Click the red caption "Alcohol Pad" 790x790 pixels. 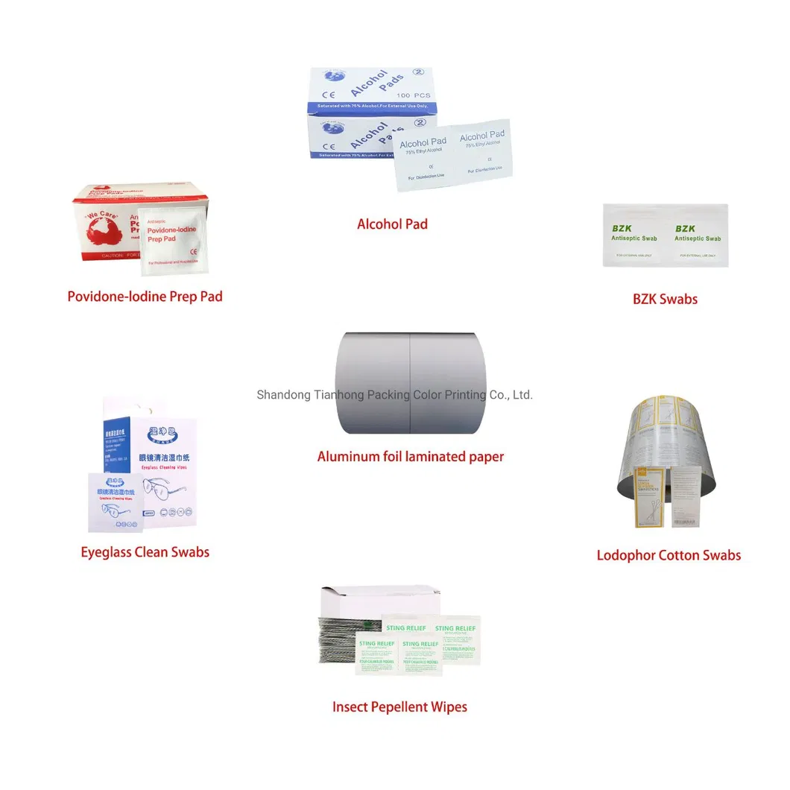click(392, 224)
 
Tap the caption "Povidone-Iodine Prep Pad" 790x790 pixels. click(145, 296)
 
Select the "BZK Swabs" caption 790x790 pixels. click(665, 299)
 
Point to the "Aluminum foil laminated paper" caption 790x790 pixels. click(411, 456)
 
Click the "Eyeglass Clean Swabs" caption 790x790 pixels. click(145, 552)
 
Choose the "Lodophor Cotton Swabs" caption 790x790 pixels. click(669, 554)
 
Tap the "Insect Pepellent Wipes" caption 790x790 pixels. click(399, 707)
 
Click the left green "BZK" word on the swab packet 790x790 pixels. click(622, 228)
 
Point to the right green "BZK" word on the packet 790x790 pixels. click(685, 228)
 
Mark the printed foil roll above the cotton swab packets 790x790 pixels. click(663, 440)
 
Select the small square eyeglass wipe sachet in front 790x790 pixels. click(115, 502)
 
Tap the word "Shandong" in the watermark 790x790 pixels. click(283, 395)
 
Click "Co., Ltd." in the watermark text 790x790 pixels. click(511, 395)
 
